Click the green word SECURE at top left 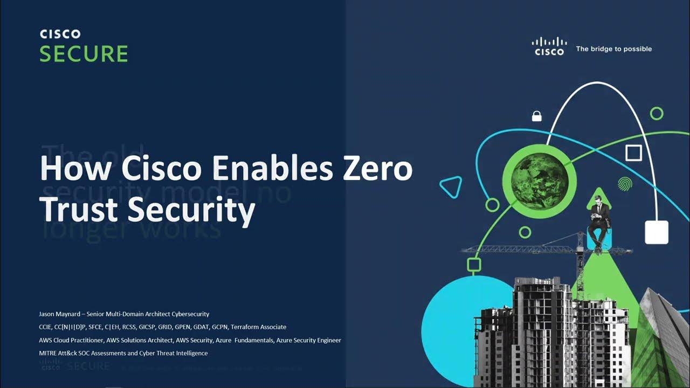[x=84, y=54]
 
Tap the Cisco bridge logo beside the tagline [x=549, y=46]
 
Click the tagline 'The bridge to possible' [x=613, y=49]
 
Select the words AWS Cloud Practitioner [x=71, y=341]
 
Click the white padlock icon [x=536, y=116]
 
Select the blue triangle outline [x=451, y=187]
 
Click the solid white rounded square [x=657, y=232]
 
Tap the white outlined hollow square [x=633, y=153]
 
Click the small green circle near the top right [x=656, y=113]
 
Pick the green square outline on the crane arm [x=473, y=265]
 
